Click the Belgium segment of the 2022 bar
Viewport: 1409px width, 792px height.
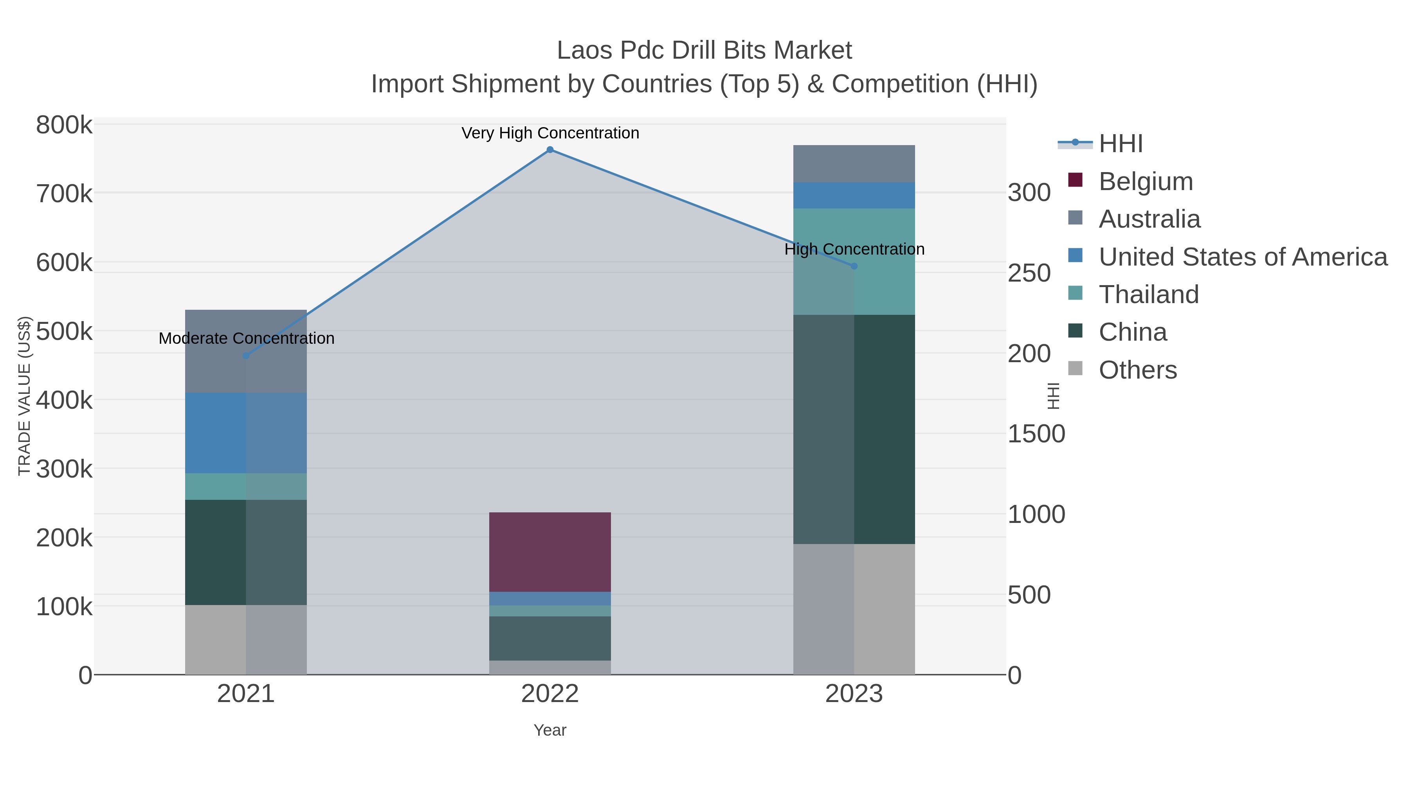(x=550, y=551)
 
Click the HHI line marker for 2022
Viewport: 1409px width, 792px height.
(x=550, y=150)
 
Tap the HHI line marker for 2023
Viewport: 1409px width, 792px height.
(x=854, y=266)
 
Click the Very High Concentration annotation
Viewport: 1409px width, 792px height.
(x=550, y=133)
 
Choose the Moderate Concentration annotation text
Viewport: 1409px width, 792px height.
(x=246, y=338)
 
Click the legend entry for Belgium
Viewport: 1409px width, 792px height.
(x=1145, y=181)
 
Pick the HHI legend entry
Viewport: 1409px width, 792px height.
(x=1120, y=144)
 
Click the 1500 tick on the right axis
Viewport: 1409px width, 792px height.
(x=1036, y=434)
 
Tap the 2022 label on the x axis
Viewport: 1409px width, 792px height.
(x=550, y=694)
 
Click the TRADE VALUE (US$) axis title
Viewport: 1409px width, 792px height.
(x=25, y=396)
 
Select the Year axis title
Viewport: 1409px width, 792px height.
(x=550, y=730)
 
